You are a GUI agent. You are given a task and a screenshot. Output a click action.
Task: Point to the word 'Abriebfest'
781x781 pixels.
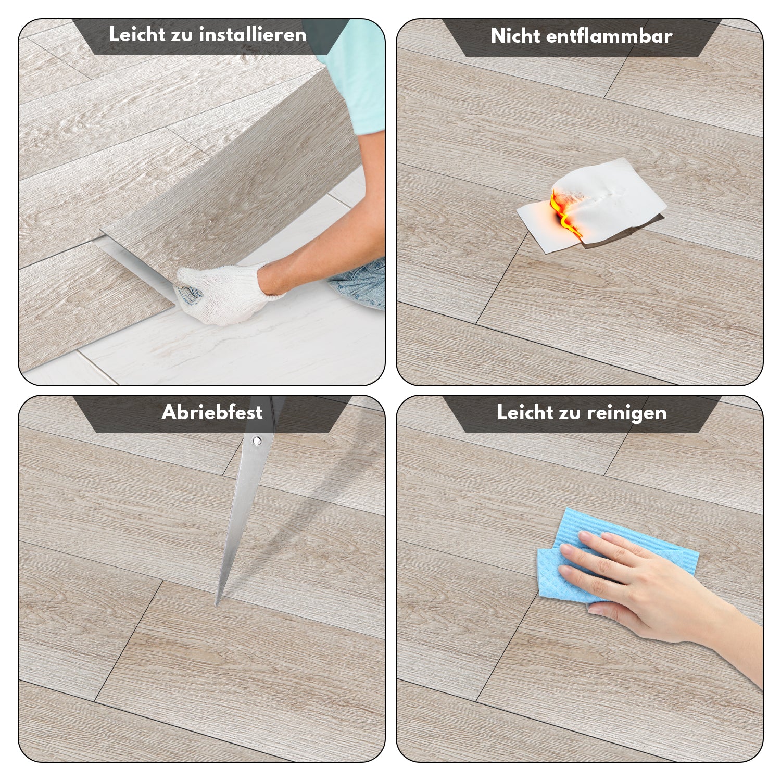[x=212, y=412]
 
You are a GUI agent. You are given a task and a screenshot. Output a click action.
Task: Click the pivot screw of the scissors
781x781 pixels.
[x=256, y=441]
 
